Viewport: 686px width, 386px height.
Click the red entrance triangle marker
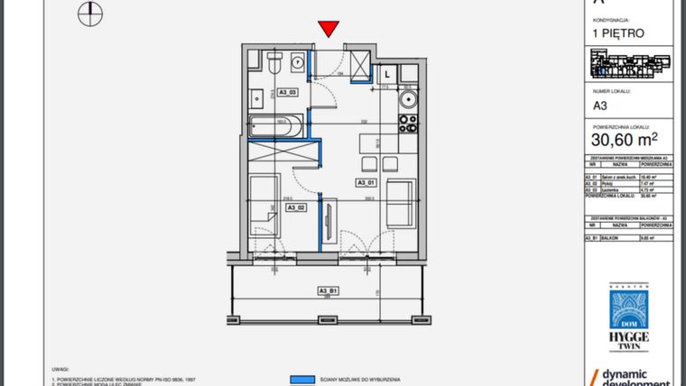click(x=329, y=29)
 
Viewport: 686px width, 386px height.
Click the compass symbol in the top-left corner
click(x=88, y=12)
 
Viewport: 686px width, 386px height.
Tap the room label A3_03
click(x=288, y=91)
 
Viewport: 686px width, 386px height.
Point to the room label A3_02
click(x=297, y=207)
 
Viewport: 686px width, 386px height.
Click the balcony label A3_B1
click(x=328, y=290)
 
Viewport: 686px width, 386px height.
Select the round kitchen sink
click(x=407, y=98)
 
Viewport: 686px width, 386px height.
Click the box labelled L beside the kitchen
click(x=386, y=73)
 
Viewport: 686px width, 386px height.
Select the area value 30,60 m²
click(x=624, y=140)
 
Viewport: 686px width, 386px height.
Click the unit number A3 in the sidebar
click(x=599, y=105)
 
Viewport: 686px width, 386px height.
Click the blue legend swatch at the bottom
click(x=301, y=380)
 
